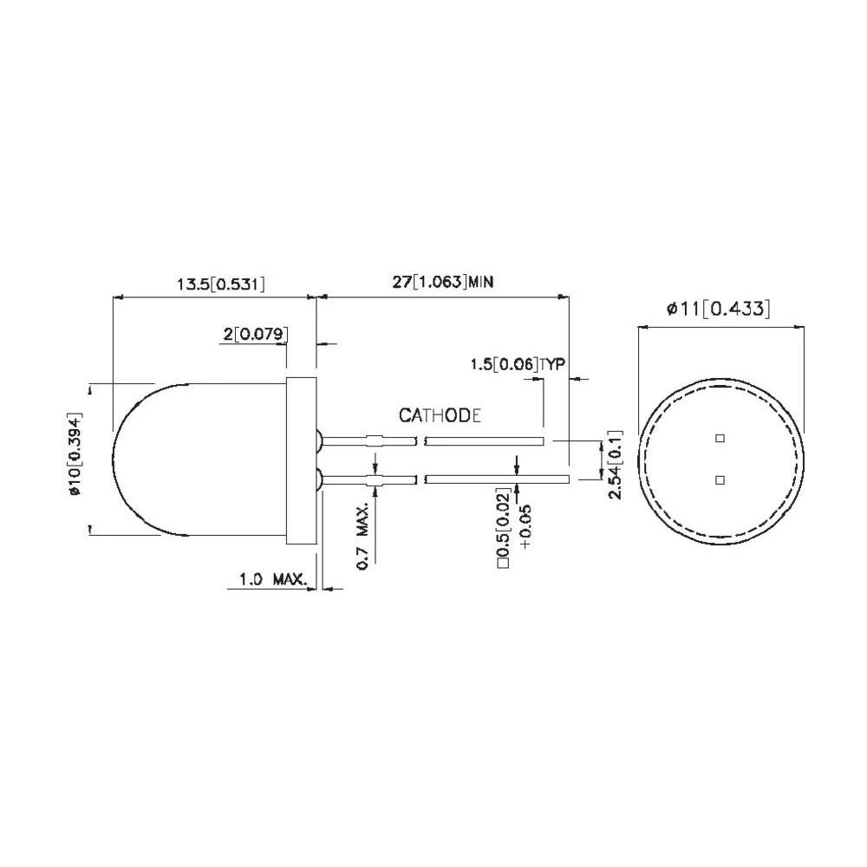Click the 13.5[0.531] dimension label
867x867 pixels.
coord(220,284)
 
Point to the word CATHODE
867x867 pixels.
coord(440,416)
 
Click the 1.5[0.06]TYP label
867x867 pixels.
coord(517,363)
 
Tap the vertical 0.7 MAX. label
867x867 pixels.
coord(365,542)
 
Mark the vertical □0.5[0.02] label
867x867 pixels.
coord(503,528)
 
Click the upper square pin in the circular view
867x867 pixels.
coord(719,439)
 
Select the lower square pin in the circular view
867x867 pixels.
coord(719,479)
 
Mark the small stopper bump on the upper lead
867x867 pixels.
coord(373,440)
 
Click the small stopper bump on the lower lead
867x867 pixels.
coord(375,479)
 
